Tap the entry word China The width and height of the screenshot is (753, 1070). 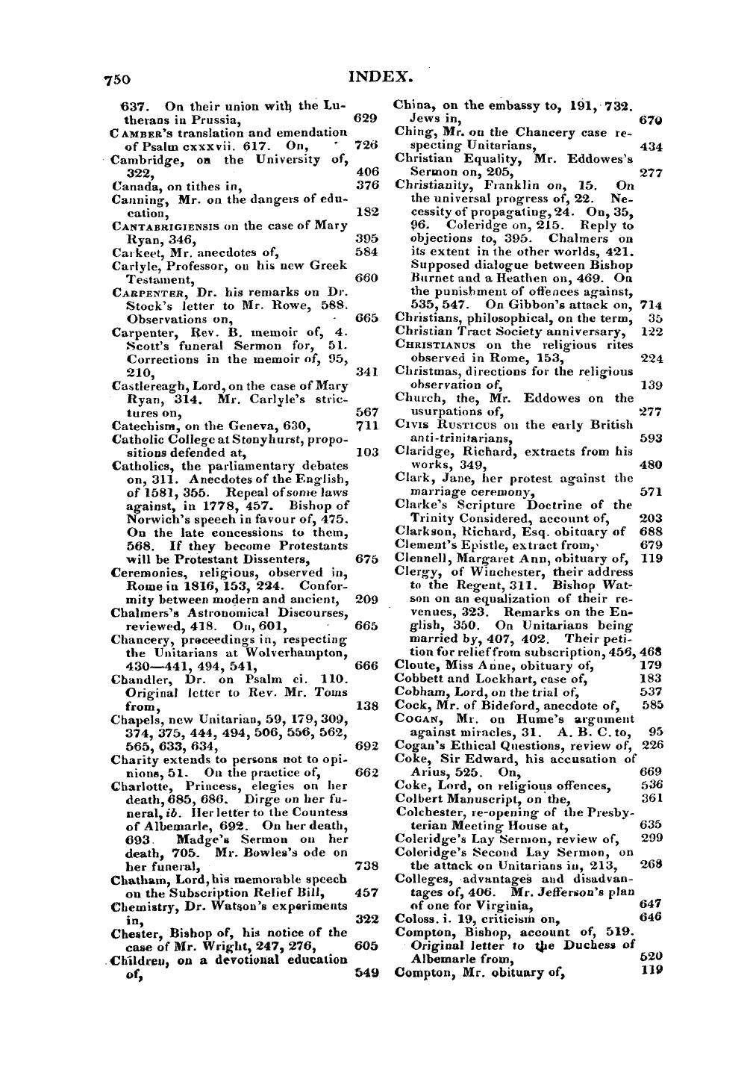pos(411,105)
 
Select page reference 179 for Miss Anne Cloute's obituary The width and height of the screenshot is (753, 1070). pos(652,665)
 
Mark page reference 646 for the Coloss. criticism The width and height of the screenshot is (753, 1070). pos(652,918)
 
